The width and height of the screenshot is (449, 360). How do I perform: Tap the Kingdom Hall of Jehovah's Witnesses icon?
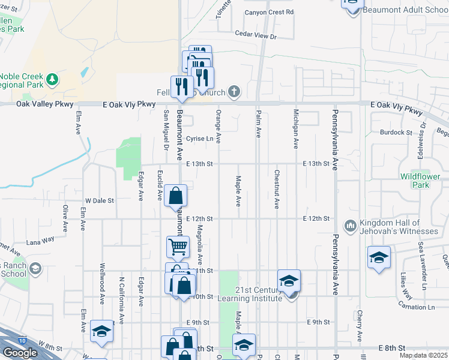(x=351, y=226)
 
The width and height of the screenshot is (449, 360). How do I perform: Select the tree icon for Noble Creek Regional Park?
(x=52, y=79)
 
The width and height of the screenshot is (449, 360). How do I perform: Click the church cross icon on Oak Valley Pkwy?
(x=234, y=92)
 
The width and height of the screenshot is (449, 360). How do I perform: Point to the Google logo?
(x=20, y=353)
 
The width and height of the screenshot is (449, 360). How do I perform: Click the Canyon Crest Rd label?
(x=269, y=12)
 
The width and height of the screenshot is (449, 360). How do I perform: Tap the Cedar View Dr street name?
(x=256, y=36)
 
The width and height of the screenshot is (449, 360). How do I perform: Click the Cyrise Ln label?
(x=200, y=139)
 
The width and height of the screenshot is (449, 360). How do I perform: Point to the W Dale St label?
(x=100, y=200)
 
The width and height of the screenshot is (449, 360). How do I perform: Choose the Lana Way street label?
(x=40, y=239)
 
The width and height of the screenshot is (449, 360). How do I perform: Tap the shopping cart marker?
(x=178, y=246)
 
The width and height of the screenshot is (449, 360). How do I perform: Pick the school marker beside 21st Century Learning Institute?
(x=289, y=280)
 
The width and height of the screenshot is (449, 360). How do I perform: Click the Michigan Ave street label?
(x=296, y=128)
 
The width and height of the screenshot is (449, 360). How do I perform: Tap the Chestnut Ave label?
(x=276, y=190)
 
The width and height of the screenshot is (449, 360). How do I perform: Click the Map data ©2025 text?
(x=423, y=355)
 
